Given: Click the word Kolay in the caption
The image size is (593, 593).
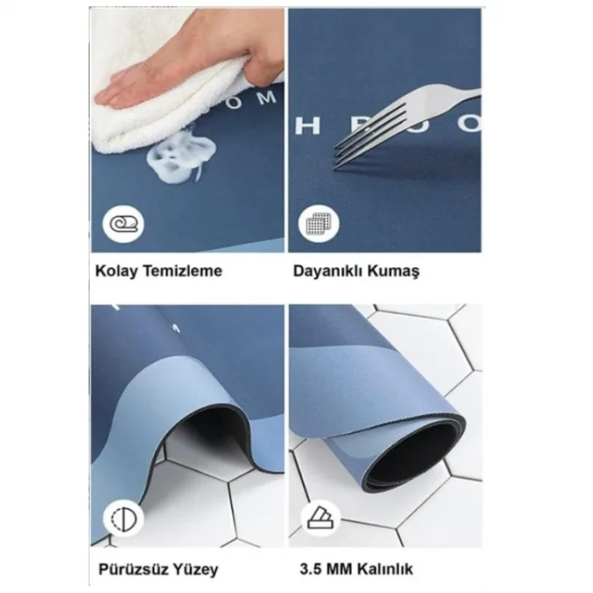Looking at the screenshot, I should pos(114,271).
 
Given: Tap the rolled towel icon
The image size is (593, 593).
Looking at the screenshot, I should pos(123,224).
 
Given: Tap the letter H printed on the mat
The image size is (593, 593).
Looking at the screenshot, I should pos(306,125).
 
